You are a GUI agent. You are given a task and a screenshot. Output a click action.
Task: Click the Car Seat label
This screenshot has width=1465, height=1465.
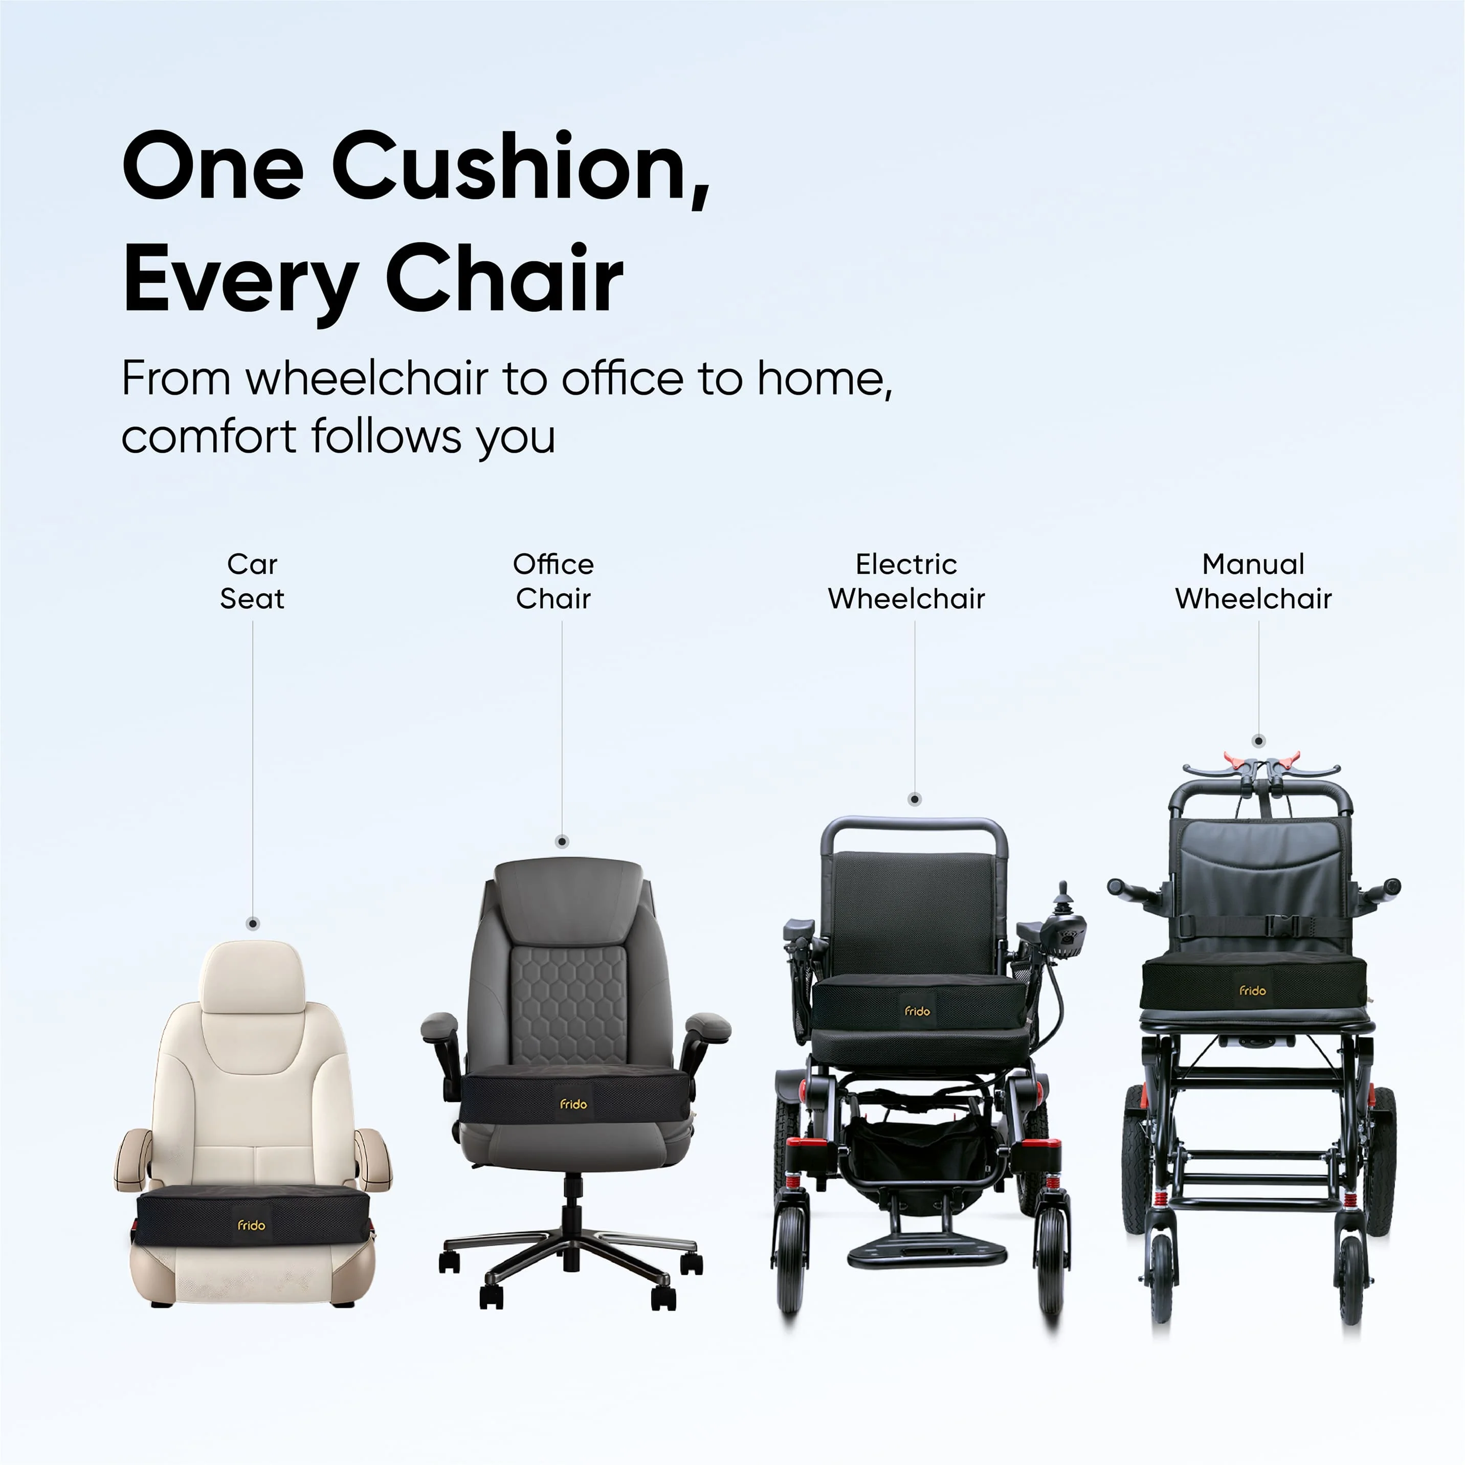tap(253, 581)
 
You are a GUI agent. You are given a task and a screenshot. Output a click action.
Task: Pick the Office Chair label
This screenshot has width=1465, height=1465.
tap(553, 581)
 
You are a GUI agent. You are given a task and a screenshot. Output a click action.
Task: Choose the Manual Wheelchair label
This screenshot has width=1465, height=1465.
tap(1253, 581)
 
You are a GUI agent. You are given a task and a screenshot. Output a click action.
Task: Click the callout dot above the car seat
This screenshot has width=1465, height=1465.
tap(253, 924)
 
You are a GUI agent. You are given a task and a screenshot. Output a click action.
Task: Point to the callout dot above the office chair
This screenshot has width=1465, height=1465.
tap(562, 841)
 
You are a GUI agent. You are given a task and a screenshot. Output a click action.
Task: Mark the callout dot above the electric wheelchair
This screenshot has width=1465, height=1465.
tap(915, 799)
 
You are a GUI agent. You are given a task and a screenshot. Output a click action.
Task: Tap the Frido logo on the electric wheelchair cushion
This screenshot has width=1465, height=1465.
tap(918, 1011)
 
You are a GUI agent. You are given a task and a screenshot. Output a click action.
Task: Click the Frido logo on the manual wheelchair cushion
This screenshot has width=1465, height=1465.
tap(1253, 990)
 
